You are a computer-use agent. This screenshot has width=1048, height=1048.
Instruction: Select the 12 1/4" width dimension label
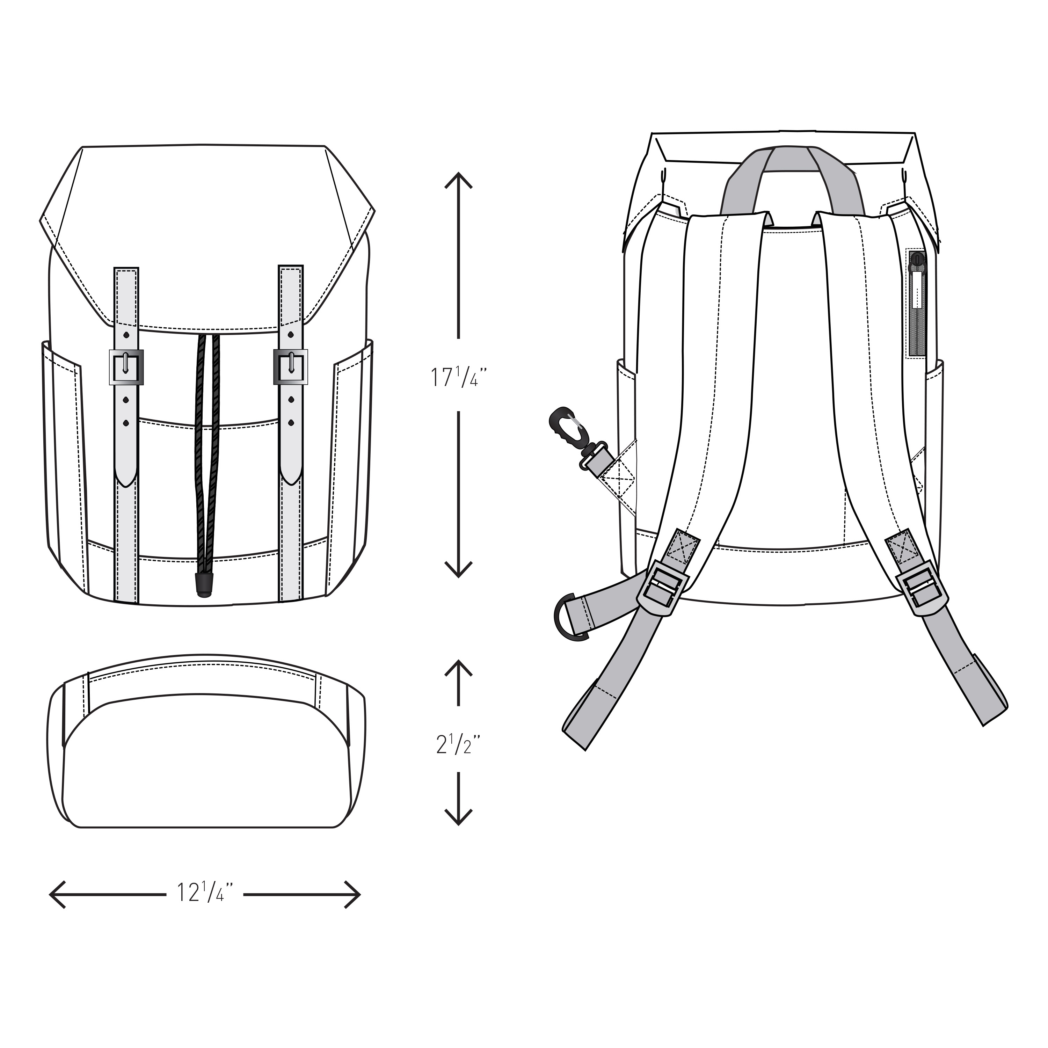(205, 892)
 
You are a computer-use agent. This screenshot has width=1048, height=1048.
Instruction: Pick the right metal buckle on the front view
(291, 367)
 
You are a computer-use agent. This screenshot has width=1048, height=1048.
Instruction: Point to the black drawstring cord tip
(203, 587)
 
